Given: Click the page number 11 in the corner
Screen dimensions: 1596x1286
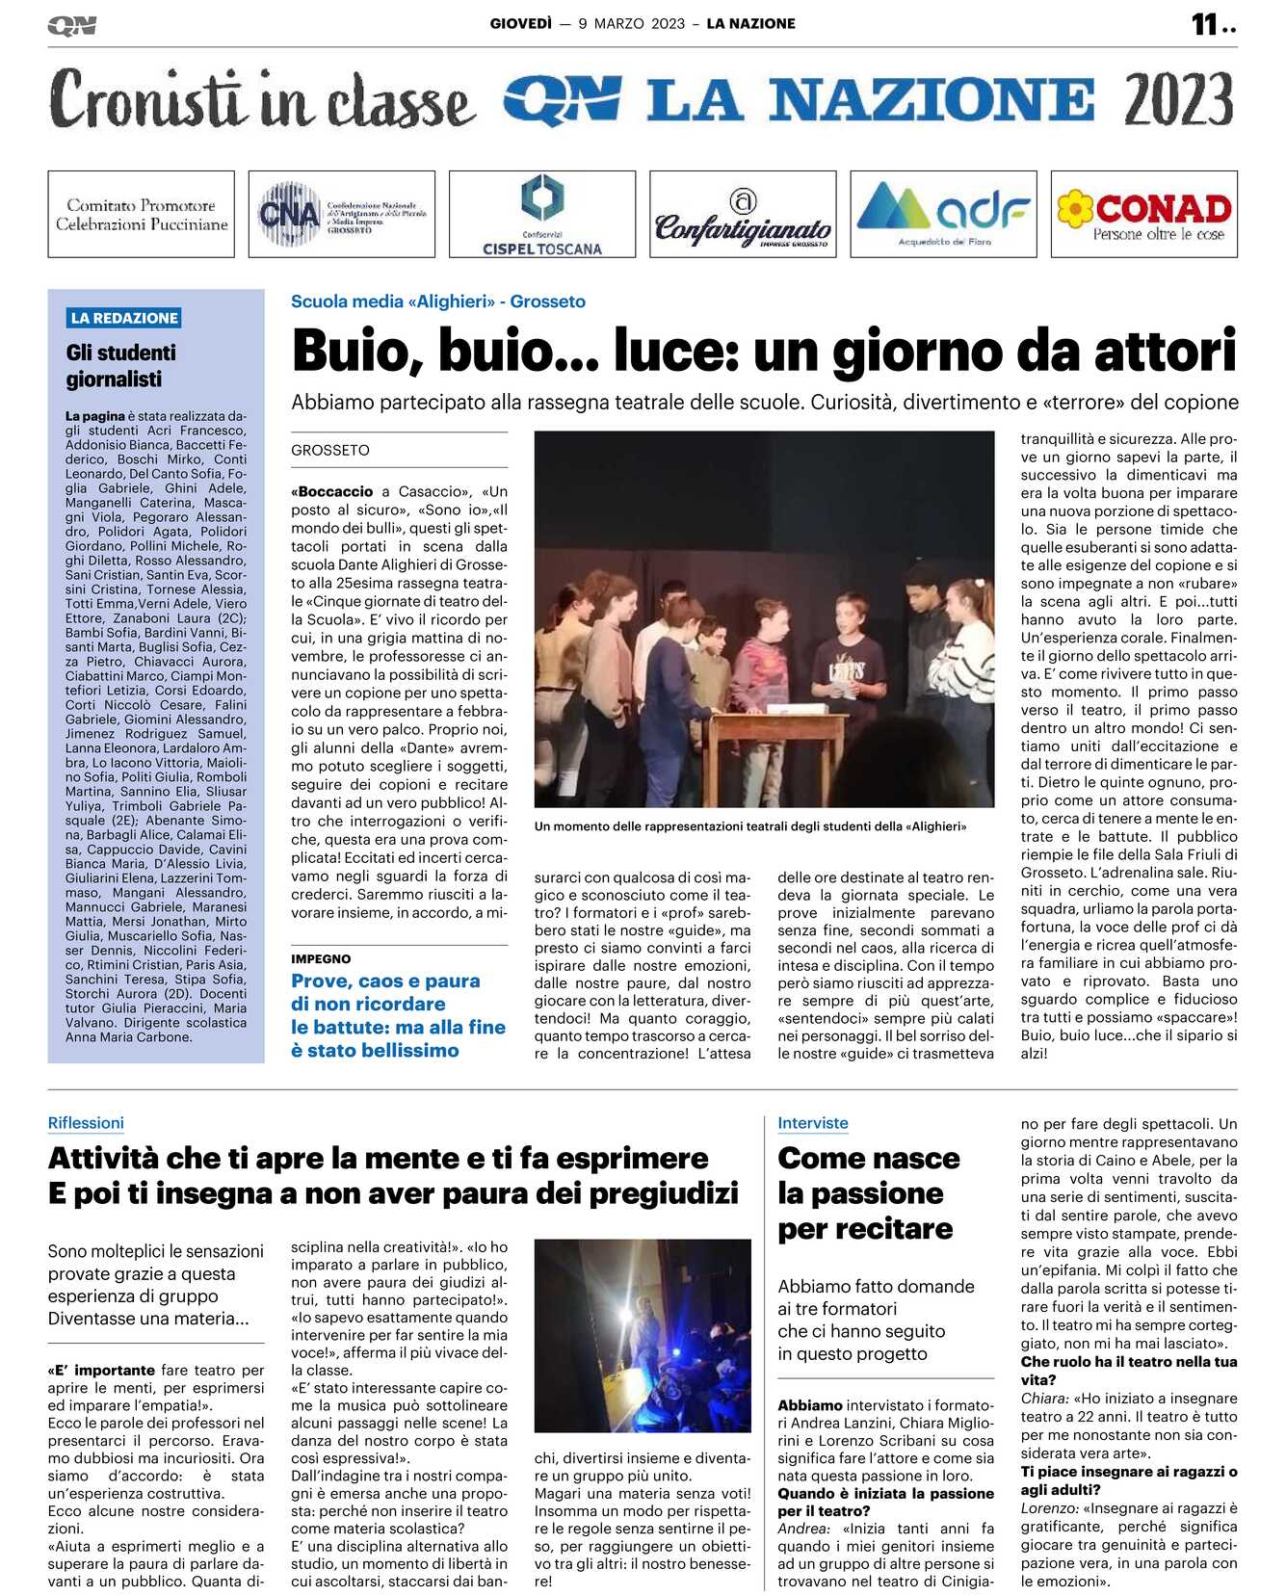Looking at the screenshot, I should tap(1204, 24).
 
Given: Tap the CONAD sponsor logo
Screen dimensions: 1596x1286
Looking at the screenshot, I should tap(1143, 214).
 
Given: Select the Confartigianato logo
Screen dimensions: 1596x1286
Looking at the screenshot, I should tap(743, 214).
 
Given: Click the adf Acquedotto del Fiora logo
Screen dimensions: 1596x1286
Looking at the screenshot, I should tap(943, 214).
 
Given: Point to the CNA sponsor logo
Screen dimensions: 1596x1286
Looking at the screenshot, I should tap(341, 214).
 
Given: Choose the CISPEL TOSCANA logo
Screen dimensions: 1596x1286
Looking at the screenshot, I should tap(541, 214).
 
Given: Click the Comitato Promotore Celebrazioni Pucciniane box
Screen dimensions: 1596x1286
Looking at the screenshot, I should tap(141, 214).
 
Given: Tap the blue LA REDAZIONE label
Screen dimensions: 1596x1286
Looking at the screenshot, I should tap(124, 318).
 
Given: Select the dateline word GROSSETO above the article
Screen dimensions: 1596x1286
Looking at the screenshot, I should tap(330, 450).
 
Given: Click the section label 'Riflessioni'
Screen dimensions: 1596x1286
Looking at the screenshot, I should tap(86, 1123).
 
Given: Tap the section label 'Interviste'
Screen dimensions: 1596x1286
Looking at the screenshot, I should tap(813, 1123).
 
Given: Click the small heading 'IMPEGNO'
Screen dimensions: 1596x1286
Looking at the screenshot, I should tap(321, 958).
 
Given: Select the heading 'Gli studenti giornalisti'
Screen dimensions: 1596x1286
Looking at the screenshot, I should tap(120, 366).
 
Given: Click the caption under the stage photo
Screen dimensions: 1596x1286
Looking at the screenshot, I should tap(750, 826).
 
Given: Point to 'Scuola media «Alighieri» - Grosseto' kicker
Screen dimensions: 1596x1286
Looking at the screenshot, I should tap(438, 301).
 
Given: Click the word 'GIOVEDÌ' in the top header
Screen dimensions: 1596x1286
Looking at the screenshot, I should tap(521, 23).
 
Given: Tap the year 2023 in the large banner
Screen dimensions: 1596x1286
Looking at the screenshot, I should tap(1177, 100).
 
